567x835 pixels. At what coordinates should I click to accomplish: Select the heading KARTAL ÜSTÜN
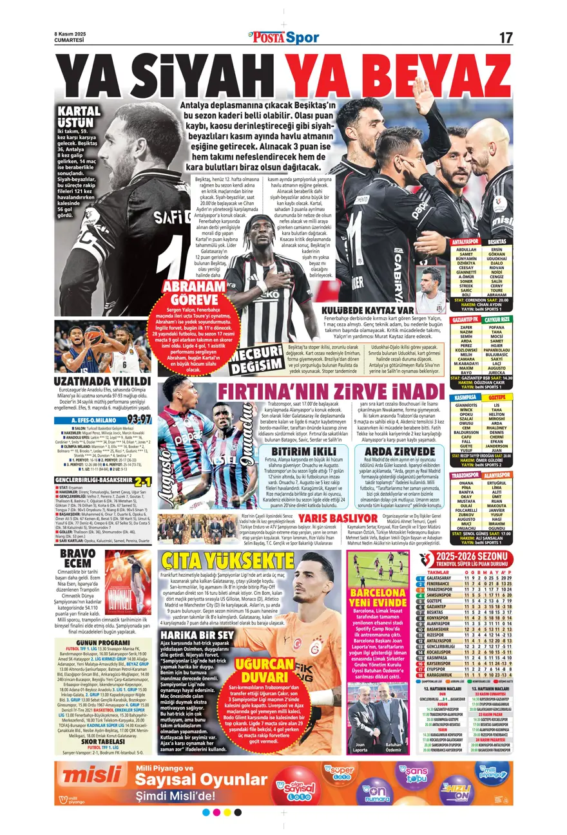[x=79, y=117]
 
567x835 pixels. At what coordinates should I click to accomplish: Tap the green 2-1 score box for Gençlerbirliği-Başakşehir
[x=142, y=481]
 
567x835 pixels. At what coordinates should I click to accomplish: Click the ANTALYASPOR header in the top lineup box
[x=466, y=241]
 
